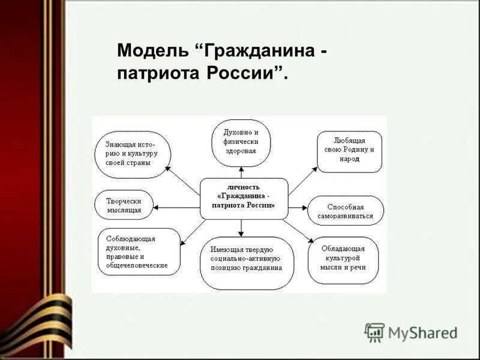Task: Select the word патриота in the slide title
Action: [x=159, y=74]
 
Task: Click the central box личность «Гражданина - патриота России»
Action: [x=244, y=196]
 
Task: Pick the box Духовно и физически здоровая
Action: [x=241, y=142]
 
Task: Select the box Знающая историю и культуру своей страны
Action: [x=133, y=154]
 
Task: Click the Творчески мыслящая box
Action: [x=124, y=205]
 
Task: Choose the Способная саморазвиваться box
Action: [x=346, y=211]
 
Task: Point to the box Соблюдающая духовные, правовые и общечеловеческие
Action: [x=138, y=252]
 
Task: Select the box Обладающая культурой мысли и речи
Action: [x=343, y=259]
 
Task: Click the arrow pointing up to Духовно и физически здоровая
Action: [x=241, y=172]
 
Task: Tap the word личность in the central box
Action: [x=244, y=187]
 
